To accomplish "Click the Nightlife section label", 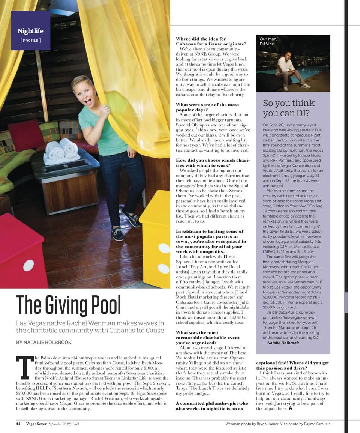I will [x=30, y=31].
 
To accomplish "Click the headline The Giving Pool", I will [x=69, y=306].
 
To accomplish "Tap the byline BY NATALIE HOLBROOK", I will [x=43, y=342].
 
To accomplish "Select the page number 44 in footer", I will [x=18, y=424].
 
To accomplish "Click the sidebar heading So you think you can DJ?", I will [x=289, y=108].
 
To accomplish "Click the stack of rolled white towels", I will [x=61, y=151].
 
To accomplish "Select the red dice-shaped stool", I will [x=23, y=251].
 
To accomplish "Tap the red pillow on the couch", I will [x=26, y=135].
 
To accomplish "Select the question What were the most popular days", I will [x=207, y=107].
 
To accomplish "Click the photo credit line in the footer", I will [x=278, y=424].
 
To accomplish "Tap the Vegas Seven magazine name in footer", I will [x=36, y=424].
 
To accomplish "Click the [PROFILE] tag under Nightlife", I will [x=30, y=40].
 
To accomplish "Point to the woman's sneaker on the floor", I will [x=117, y=234].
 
